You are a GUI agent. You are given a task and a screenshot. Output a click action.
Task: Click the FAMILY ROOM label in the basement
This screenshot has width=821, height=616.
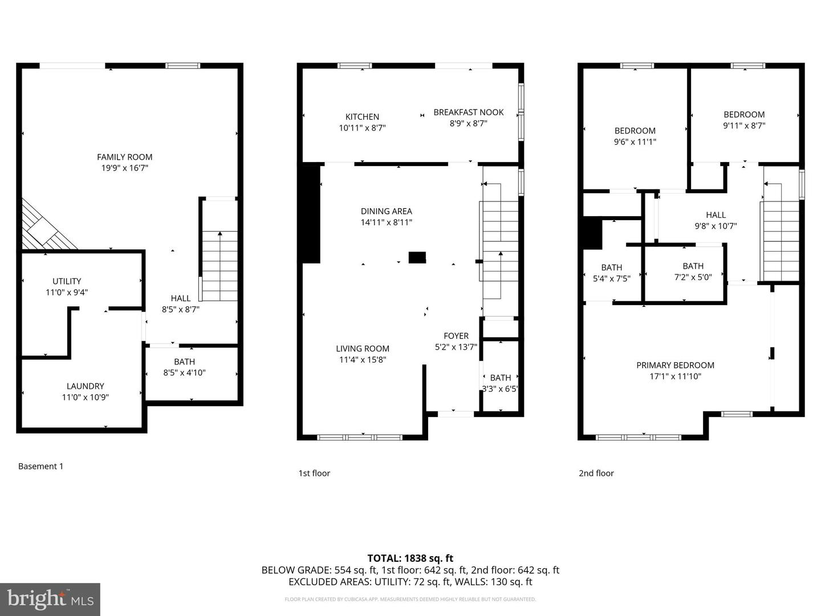(124, 157)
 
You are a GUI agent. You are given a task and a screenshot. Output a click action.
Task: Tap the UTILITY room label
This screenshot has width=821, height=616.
(67, 281)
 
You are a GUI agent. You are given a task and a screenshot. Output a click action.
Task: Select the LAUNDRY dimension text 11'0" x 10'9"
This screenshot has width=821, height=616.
(85, 398)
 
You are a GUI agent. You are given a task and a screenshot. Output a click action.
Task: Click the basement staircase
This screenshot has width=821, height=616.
(220, 266)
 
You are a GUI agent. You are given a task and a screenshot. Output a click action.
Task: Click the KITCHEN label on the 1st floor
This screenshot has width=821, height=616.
(362, 117)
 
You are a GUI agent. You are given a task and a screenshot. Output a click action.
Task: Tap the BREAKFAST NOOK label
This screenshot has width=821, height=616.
(468, 112)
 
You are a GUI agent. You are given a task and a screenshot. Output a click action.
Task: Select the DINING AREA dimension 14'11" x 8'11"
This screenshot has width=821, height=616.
(386, 222)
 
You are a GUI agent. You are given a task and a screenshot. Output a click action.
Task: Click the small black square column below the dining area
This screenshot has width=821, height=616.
(417, 257)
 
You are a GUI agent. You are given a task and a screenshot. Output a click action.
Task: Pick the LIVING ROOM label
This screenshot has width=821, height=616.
(362, 348)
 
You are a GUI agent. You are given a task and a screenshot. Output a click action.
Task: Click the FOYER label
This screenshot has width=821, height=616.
(456, 336)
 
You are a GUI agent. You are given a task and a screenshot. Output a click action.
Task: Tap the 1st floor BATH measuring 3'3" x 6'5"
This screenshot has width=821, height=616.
(500, 383)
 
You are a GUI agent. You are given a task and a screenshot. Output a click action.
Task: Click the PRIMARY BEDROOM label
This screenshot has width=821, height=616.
(675, 365)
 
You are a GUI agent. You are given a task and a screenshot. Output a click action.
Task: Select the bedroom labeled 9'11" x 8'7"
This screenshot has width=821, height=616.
(744, 120)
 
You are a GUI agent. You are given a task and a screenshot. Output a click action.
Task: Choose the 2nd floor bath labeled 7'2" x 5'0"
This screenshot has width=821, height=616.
(693, 271)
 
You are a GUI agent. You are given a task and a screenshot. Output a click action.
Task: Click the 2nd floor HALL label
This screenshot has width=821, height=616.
(716, 215)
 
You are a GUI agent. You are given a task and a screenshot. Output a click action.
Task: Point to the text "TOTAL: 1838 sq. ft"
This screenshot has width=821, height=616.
(410, 558)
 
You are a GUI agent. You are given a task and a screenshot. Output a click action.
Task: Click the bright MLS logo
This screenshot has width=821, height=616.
(50, 599)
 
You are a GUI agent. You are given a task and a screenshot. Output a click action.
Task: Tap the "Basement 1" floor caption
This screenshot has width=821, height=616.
(40, 466)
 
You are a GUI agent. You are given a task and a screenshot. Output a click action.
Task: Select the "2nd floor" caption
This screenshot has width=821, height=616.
(596, 473)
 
